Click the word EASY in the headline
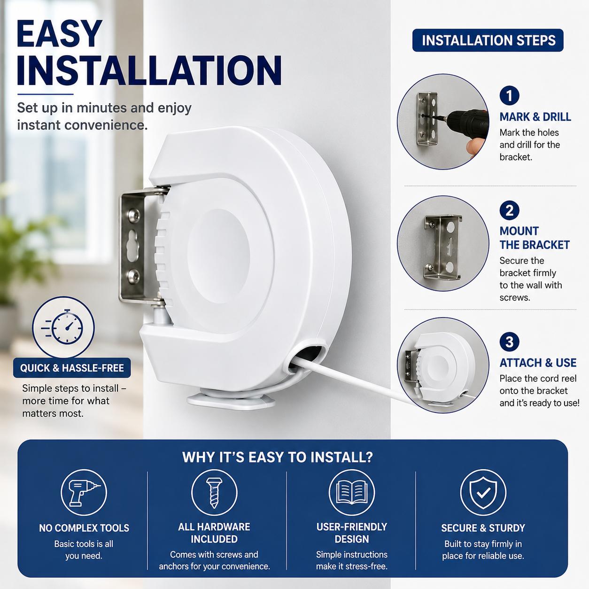[59, 34]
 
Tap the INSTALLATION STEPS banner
[488, 40]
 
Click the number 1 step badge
[509, 96]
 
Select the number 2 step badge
[509, 210]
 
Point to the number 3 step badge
[509, 341]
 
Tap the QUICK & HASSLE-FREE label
[72, 368]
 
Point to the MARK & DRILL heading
[535, 117]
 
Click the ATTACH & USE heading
[538, 363]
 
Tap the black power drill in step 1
[466, 124]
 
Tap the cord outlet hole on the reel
[307, 356]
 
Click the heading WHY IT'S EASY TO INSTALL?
[278, 457]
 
